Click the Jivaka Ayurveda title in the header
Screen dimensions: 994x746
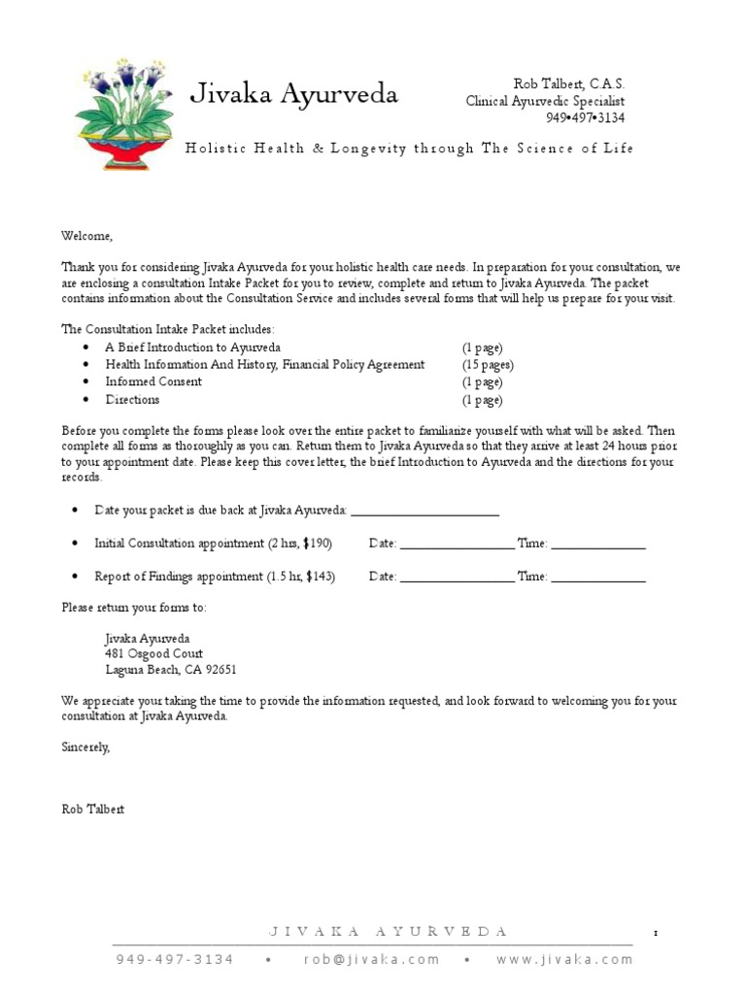[293, 94]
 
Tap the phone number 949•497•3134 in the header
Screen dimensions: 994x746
[585, 117]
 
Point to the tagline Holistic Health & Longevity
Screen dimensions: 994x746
[409, 149]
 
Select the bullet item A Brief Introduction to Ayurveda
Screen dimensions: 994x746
[193, 348]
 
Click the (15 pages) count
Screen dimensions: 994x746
[488, 365]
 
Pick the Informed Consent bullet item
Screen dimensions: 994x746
[153, 382]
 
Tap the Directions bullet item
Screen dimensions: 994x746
[132, 400]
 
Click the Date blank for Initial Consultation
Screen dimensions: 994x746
[457, 545]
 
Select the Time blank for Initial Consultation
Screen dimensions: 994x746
[598, 545]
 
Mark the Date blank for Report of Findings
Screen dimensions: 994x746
[457, 578]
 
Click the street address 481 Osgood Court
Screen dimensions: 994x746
[154, 654]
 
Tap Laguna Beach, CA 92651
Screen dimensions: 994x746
[171, 671]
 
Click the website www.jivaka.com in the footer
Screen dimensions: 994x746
[563, 959]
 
